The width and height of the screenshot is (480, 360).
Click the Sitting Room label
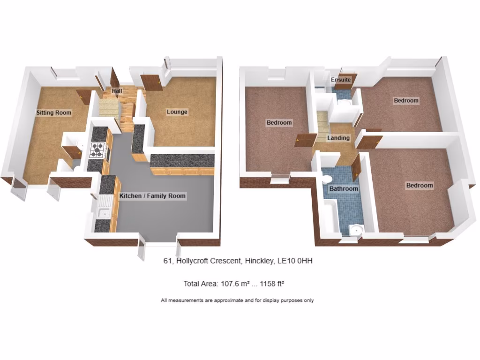pyautogui.click(x=54, y=112)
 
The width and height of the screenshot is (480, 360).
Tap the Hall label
pyautogui.click(x=117, y=90)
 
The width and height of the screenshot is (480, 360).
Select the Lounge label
pyautogui.click(x=177, y=112)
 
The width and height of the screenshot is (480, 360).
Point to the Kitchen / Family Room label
pyautogui.click(x=152, y=196)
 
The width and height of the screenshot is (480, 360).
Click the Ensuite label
pyautogui.click(x=341, y=80)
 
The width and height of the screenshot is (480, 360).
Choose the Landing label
pyautogui.click(x=338, y=138)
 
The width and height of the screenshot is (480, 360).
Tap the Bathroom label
pyautogui.click(x=344, y=189)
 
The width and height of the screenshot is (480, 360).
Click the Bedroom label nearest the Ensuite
pyautogui.click(x=406, y=100)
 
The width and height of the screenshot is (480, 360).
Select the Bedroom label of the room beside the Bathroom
pyautogui.click(x=420, y=186)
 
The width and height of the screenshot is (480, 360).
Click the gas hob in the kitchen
pyautogui.click(x=97, y=150)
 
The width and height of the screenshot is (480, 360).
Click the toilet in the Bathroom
pyautogui.click(x=327, y=179)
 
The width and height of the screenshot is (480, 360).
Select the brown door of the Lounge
pyautogui.click(x=151, y=83)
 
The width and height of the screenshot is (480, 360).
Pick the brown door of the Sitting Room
pyautogui.click(x=83, y=97)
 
